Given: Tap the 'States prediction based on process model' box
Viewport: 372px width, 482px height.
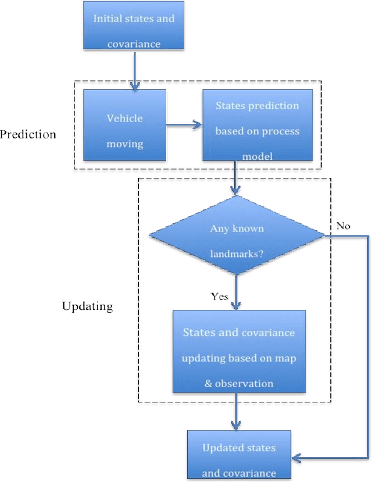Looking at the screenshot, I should tap(257, 125).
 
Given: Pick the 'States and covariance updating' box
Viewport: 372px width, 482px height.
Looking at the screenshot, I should tap(238, 351).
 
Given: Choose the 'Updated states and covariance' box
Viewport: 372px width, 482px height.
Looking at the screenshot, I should tap(238, 455).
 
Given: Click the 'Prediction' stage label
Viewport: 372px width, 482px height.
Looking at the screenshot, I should tap(28, 135).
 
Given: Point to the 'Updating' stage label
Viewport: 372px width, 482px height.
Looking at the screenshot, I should tap(87, 306).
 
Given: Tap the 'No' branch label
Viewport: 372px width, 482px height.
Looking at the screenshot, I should tap(343, 226).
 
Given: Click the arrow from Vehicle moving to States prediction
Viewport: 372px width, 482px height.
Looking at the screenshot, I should tap(184, 124).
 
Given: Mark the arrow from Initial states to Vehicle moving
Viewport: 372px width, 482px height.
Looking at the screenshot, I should tap(134, 70).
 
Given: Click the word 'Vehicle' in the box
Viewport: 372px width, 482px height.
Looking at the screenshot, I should tap(124, 118).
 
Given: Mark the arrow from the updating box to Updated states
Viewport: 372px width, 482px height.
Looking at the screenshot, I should tap(236, 412).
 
